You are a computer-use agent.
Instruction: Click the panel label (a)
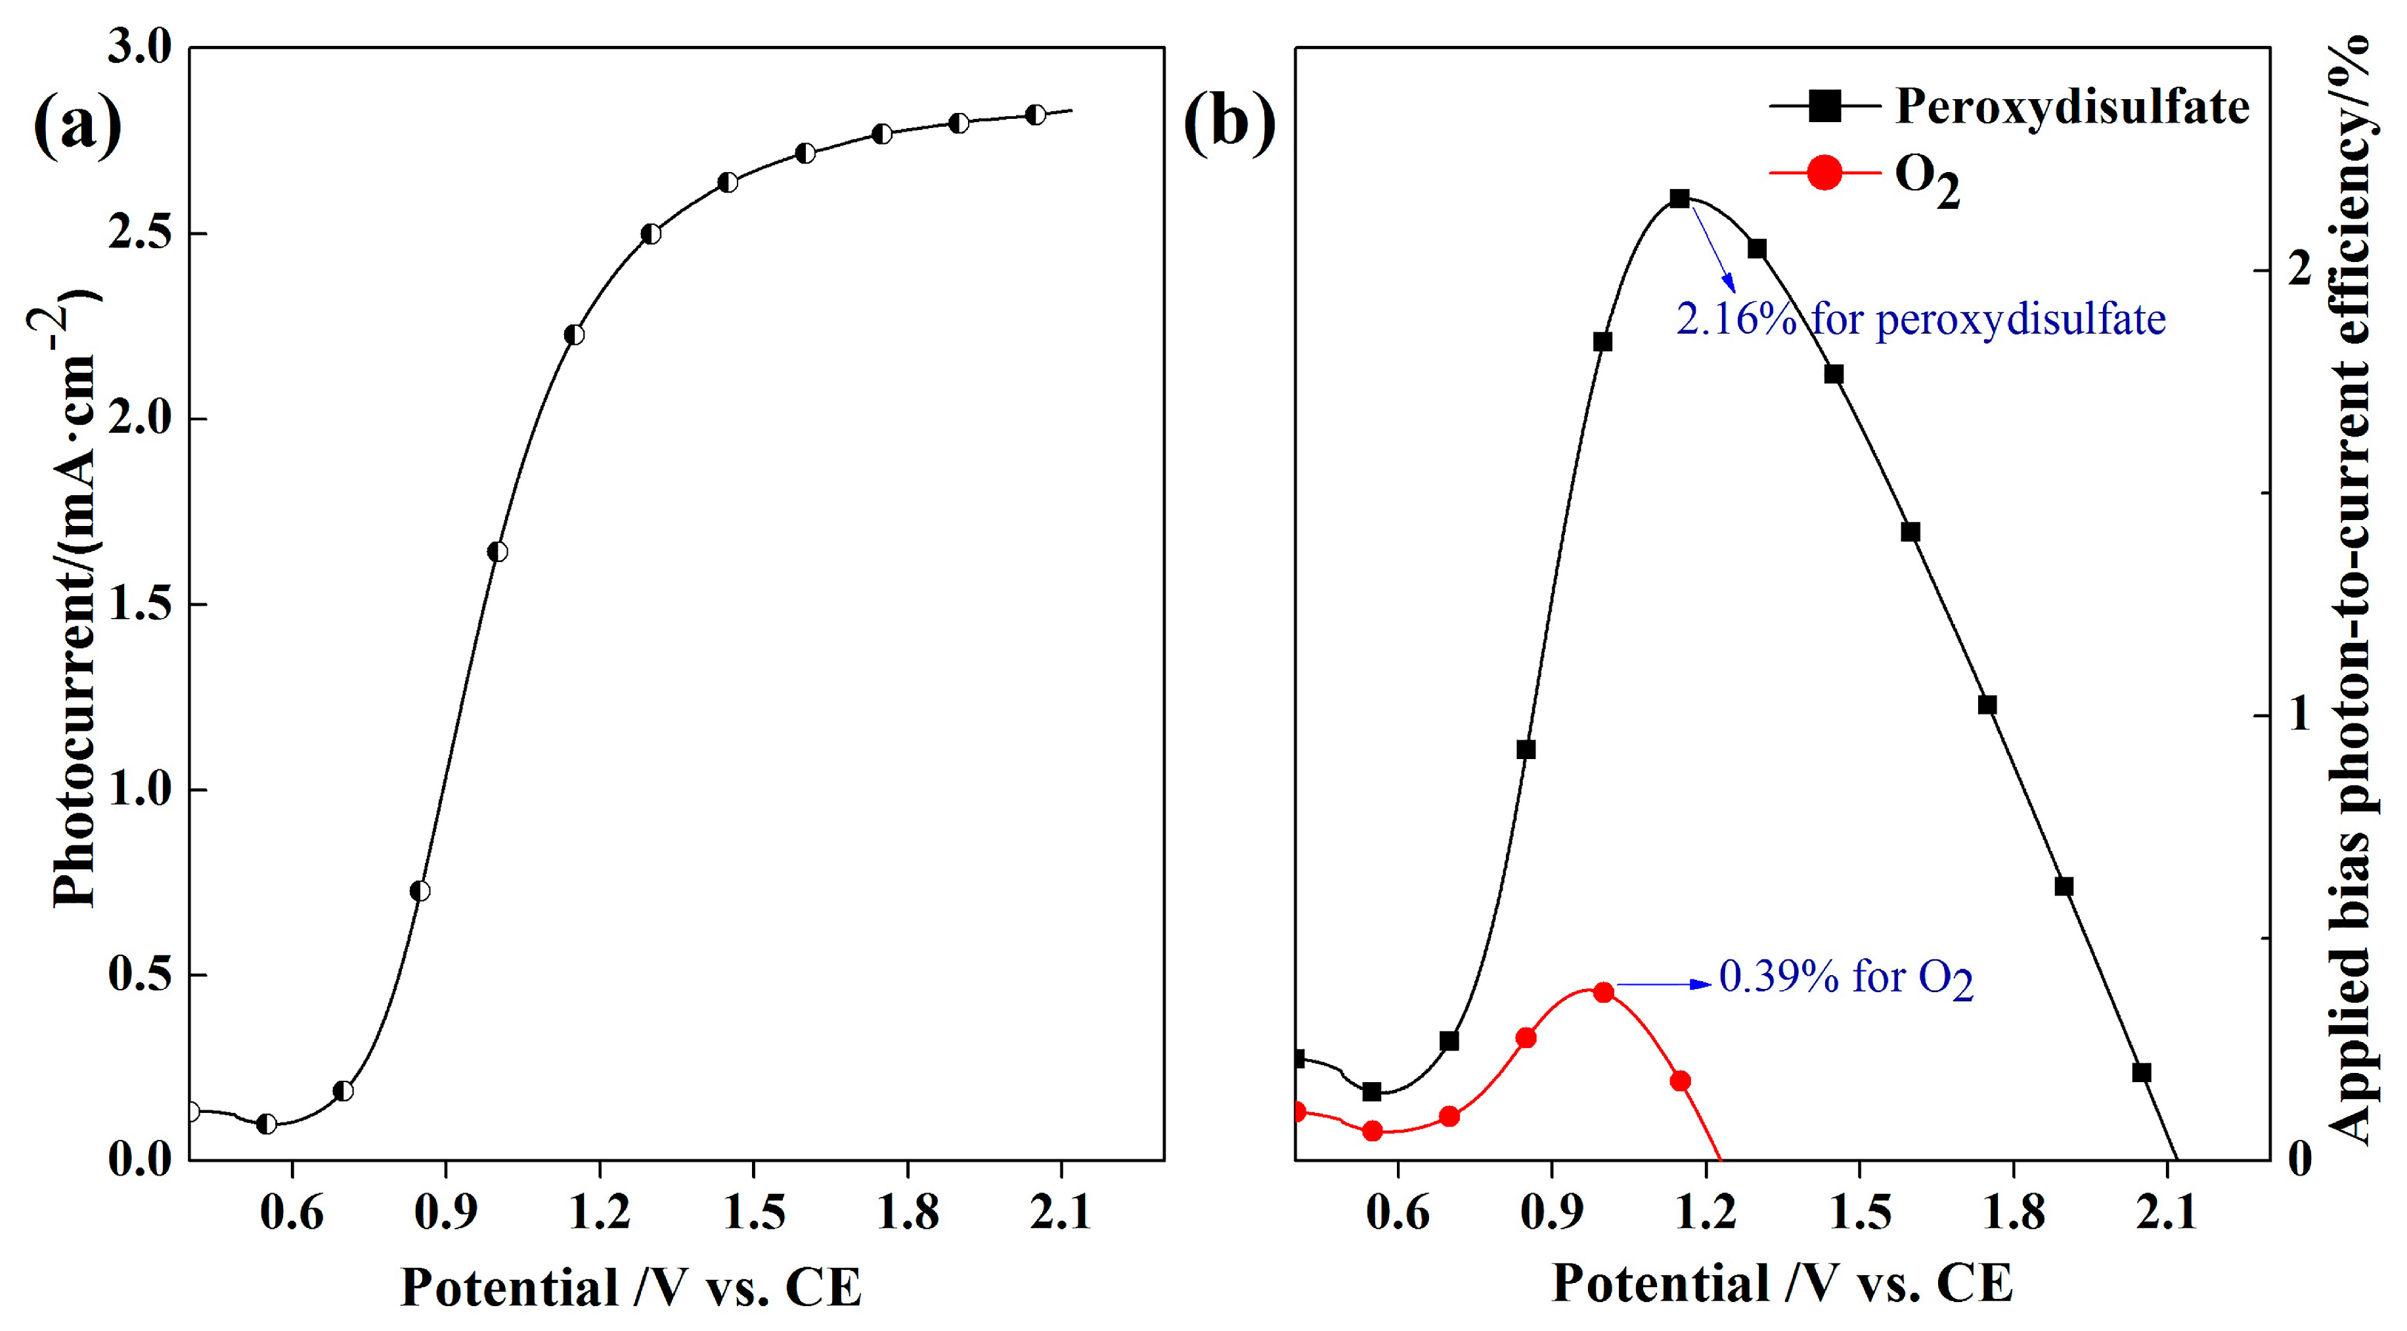[77, 127]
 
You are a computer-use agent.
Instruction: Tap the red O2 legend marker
[1824, 173]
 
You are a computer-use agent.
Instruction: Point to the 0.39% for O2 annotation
[1845, 978]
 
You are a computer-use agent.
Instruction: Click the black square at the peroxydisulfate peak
[1679, 199]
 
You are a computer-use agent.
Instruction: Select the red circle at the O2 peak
[1603, 992]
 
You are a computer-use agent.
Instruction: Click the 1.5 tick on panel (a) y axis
[140, 604]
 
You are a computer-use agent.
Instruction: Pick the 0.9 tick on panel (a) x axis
[446, 1212]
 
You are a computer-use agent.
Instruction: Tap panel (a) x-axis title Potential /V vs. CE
[630, 1287]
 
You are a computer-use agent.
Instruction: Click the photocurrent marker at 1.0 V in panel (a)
[497, 552]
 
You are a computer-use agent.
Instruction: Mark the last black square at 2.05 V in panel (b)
[2142, 1072]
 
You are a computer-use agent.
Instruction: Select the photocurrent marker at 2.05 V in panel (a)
[1035, 115]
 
